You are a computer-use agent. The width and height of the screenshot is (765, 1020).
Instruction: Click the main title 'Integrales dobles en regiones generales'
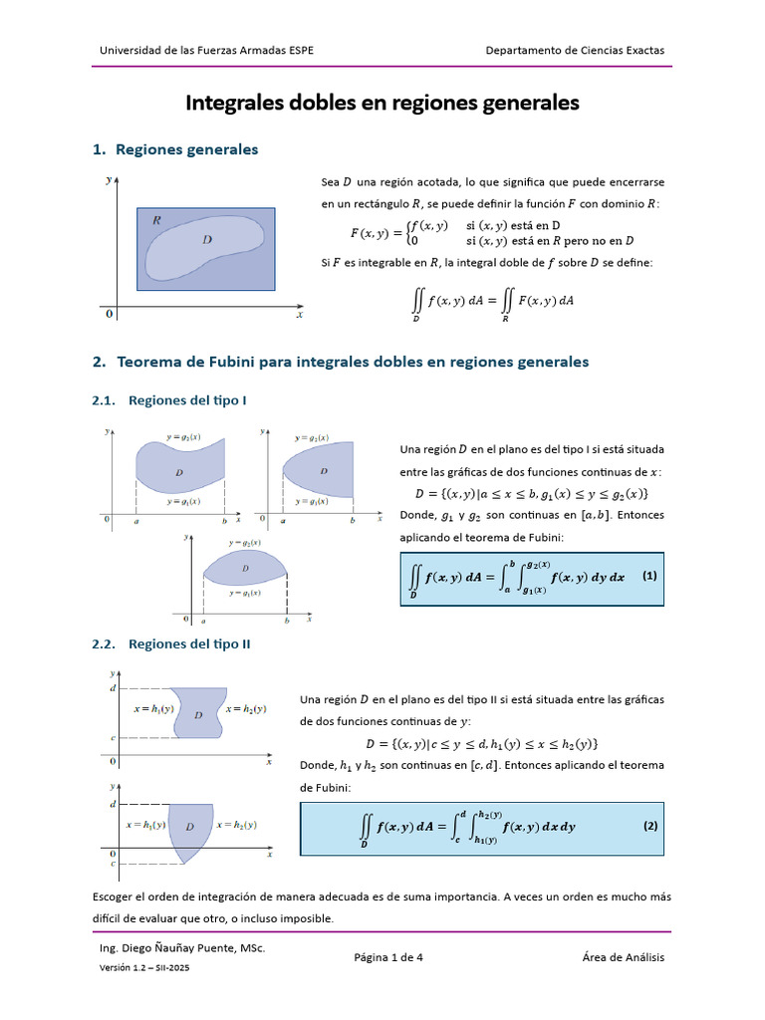tap(382, 103)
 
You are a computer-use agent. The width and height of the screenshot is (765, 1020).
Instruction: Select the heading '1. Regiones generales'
tap(175, 149)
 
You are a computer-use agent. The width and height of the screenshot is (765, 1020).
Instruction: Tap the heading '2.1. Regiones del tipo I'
tap(169, 399)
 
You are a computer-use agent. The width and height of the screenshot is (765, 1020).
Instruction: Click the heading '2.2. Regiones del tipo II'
tap(171, 643)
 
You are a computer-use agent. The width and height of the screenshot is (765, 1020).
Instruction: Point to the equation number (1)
tap(649, 576)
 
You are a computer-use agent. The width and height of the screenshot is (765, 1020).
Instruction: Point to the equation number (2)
tap(649, 826)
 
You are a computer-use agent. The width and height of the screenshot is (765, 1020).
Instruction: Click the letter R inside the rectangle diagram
tap(157, 220)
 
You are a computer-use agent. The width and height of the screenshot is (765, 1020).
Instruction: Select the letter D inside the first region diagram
tap(206, 239)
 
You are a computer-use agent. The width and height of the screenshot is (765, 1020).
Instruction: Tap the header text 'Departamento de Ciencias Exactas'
tap(575, 50)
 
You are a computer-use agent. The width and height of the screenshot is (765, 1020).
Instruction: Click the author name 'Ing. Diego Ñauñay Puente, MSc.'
tap(183, 949)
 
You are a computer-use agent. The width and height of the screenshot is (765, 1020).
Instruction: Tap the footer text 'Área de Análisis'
tap(624, 957)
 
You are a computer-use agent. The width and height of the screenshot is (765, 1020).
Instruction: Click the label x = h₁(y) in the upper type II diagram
tap(154, 709)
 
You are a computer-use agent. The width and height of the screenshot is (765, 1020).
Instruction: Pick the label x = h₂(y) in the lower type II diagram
tap(236, 825)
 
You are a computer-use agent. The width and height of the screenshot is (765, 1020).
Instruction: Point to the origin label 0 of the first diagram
tap(109, 315)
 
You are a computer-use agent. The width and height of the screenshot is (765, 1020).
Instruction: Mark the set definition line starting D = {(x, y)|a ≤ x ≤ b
tap(532, 494)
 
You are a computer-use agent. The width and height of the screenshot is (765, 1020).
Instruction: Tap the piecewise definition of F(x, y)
tap(492, 233)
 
